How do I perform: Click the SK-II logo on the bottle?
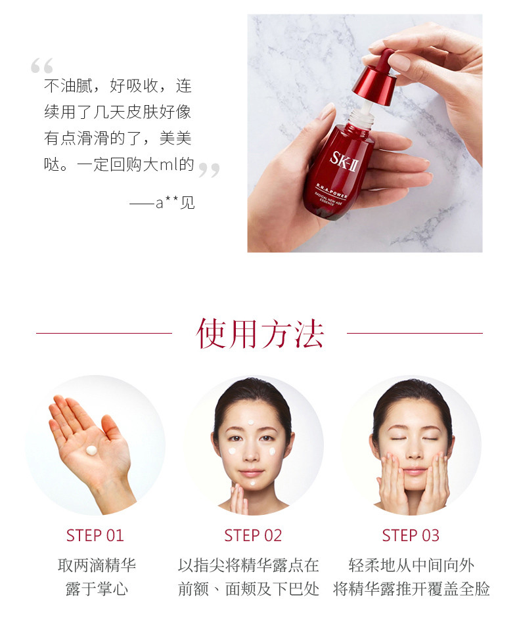[344, 162]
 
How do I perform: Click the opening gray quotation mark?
[41, 66]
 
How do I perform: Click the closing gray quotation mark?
[209, 169]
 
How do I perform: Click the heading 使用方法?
[259, 334]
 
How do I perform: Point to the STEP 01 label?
[95, 535]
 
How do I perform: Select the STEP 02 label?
[253, 535]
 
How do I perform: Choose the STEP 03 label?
[411, 535]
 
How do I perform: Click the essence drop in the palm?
[91, 451]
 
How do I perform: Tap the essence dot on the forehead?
[251, 423]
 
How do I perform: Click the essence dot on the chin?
[252, 483]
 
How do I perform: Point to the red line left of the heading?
[104, 333]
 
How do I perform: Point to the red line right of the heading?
[415, 333]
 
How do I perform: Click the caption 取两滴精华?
[97, 565]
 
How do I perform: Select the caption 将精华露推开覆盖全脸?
[411, 589]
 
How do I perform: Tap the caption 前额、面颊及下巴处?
[248, 589]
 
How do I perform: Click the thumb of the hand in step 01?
[110, 426]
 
